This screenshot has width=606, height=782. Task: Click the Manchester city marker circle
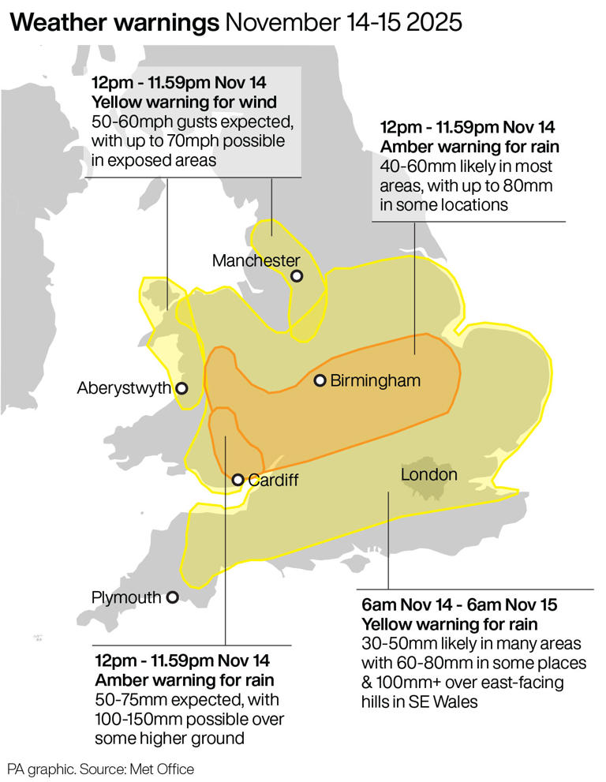click(x=297, y=276)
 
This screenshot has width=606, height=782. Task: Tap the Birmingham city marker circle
click(x=320, y=380)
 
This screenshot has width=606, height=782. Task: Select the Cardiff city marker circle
click(x=238, y=479)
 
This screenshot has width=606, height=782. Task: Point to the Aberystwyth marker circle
click(x=181, y=388)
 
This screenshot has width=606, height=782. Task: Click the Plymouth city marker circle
click(x=172, y=598)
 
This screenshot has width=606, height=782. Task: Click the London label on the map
click(x=429, y=474)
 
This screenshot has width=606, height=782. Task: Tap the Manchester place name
click(x=256, y=260)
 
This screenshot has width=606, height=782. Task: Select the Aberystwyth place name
click(x=124, y=388)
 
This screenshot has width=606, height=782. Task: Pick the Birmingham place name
click(x=375, y=381)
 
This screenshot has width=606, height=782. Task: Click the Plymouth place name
click(x=126, y=598)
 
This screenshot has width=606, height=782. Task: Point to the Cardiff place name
click(x=273, y=480)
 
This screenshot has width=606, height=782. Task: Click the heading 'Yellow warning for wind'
click(x=184, y=102)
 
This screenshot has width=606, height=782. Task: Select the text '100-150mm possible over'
click(x=189, y=720)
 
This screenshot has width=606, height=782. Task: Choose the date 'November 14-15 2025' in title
click(x=343, y=23)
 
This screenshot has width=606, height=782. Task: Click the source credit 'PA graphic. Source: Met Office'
click(x=100, y=768)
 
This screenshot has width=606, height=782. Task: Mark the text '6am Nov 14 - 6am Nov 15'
click(x=459, y=605)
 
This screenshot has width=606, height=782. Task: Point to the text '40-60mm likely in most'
click(x=466, y=167)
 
